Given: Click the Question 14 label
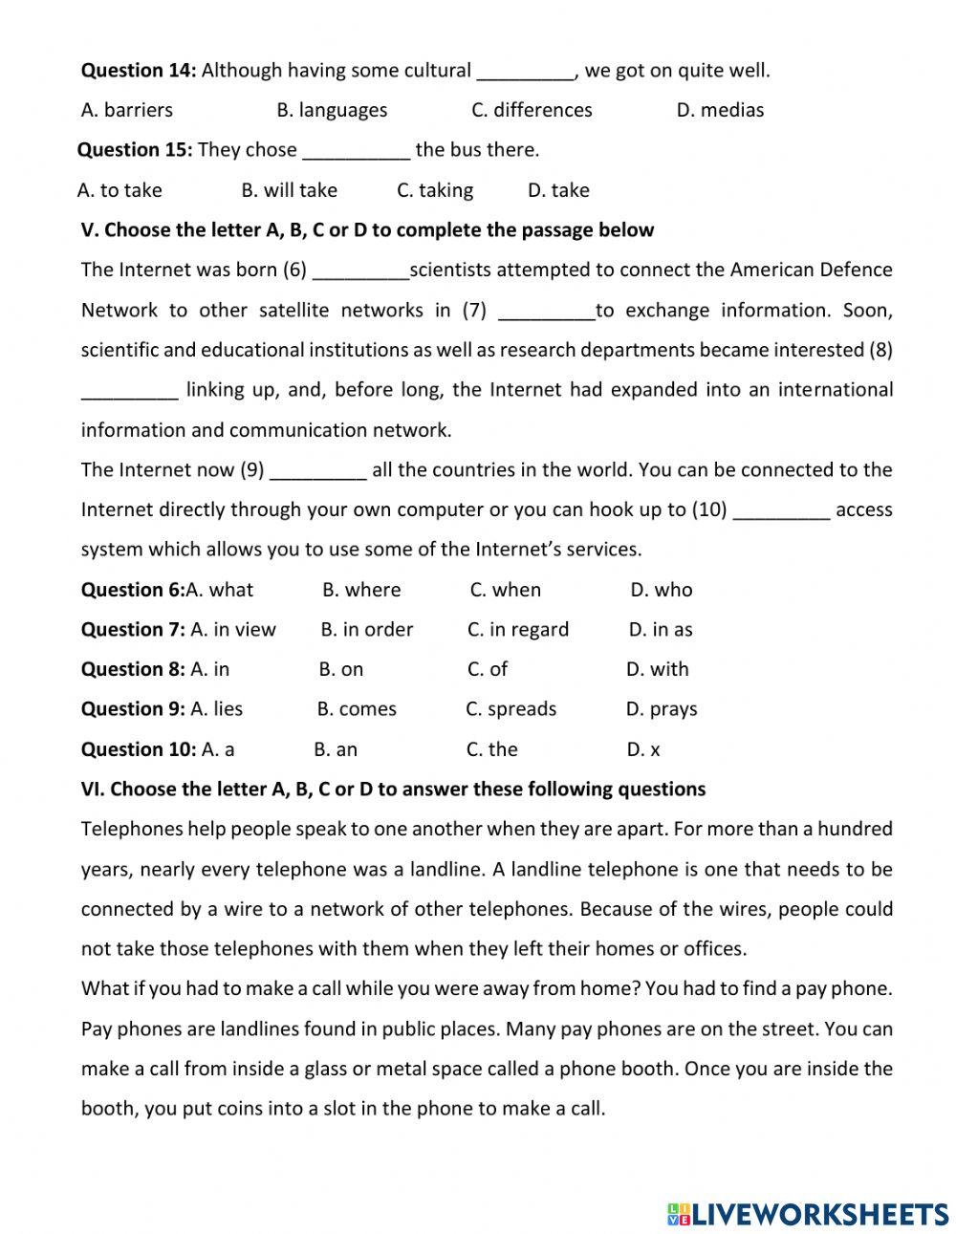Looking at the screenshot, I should point(139,70).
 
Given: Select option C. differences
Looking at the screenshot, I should point(532,110).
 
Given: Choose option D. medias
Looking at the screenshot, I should point(720,110).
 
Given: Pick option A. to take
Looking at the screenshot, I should point(119,190).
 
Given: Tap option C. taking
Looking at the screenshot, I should point(435,190).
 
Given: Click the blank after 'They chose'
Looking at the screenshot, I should point(356,151).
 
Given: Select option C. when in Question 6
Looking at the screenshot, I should point(505,590).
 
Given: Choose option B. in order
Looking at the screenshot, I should point(367,630).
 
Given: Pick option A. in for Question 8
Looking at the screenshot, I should point(210,669).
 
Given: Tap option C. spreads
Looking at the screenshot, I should point(511,709).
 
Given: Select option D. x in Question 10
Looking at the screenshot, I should point(643,749).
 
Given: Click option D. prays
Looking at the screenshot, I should point(662,709).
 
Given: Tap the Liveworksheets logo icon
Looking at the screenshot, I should point(679,1214).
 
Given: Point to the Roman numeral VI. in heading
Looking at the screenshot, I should point(93,789).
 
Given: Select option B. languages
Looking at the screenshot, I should point(332,110).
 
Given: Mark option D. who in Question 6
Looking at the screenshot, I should point(661,590).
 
